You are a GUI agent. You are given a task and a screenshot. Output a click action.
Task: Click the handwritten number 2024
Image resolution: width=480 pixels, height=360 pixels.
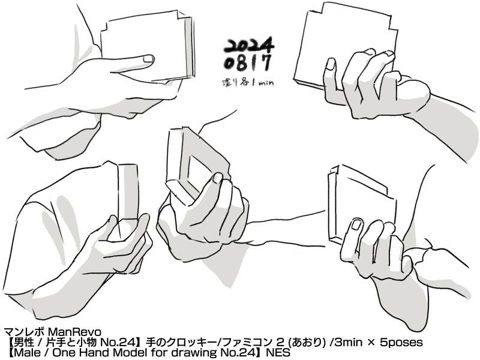coord(248,44)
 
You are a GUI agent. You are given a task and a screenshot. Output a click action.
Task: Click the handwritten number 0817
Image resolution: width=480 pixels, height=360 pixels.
coord(248,63)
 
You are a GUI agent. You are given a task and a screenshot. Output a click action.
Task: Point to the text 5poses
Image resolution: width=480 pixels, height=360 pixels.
coord(401,342)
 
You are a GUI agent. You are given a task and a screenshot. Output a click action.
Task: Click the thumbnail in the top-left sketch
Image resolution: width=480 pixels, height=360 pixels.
coord(148,58)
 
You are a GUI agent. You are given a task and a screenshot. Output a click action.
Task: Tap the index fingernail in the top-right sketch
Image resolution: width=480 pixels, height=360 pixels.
coord(331,65)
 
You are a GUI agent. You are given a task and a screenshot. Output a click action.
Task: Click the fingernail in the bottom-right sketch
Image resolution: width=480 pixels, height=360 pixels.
coord(356,224)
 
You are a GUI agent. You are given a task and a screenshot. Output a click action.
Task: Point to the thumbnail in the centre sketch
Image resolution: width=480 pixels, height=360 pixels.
coord(218,178)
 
